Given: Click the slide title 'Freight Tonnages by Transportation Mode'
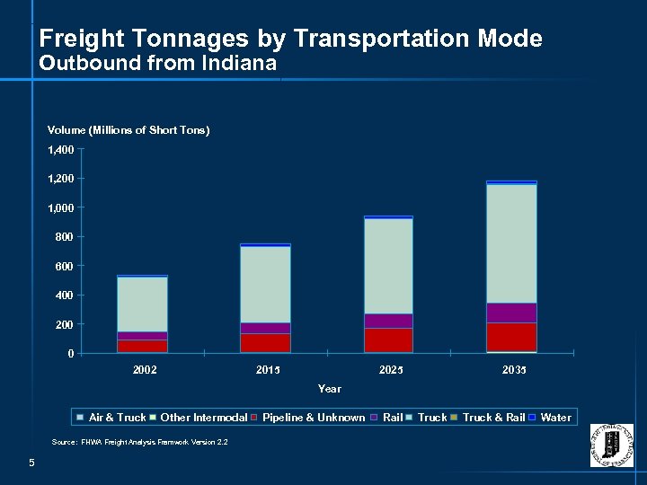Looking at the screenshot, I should tap(291, 39).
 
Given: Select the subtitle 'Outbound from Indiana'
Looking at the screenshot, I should tap(158, 65).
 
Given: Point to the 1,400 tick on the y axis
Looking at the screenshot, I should tap(61, 149).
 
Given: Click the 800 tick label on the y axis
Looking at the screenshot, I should tap(65, 237).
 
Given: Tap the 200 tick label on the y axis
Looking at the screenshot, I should tap(65, 324).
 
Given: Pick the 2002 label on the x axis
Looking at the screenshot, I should tap(144, 370).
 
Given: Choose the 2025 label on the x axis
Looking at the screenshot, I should tap(390, 370).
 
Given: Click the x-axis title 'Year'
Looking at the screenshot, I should tap(329, 389).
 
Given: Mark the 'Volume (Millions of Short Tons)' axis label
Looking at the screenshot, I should tap(129, 130).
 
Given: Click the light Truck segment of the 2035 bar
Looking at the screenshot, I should tap(511, 242).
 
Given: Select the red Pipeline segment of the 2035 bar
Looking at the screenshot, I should tap(511, 337).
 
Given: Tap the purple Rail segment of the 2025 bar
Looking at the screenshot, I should tap(388, 321).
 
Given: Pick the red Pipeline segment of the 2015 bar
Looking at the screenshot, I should tap(265, 342).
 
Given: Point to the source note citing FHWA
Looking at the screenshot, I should tap(139, 443).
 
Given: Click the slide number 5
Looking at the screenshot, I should tap(31, 463).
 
